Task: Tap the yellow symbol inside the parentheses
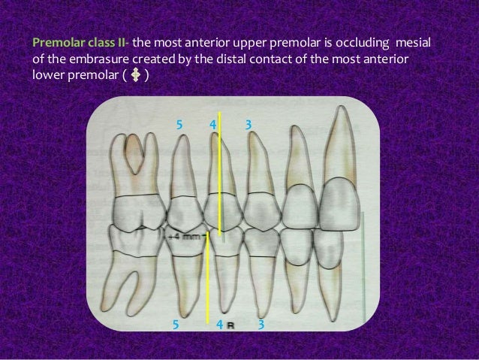pos(136,76)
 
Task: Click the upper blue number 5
pos(179,122)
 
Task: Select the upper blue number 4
pos(212,122)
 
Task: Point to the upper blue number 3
pos(248,122)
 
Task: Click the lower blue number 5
pos(176,325)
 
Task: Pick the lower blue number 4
pos(218,325)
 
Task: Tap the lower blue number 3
pos(261,325)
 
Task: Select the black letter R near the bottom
pos(230,325)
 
